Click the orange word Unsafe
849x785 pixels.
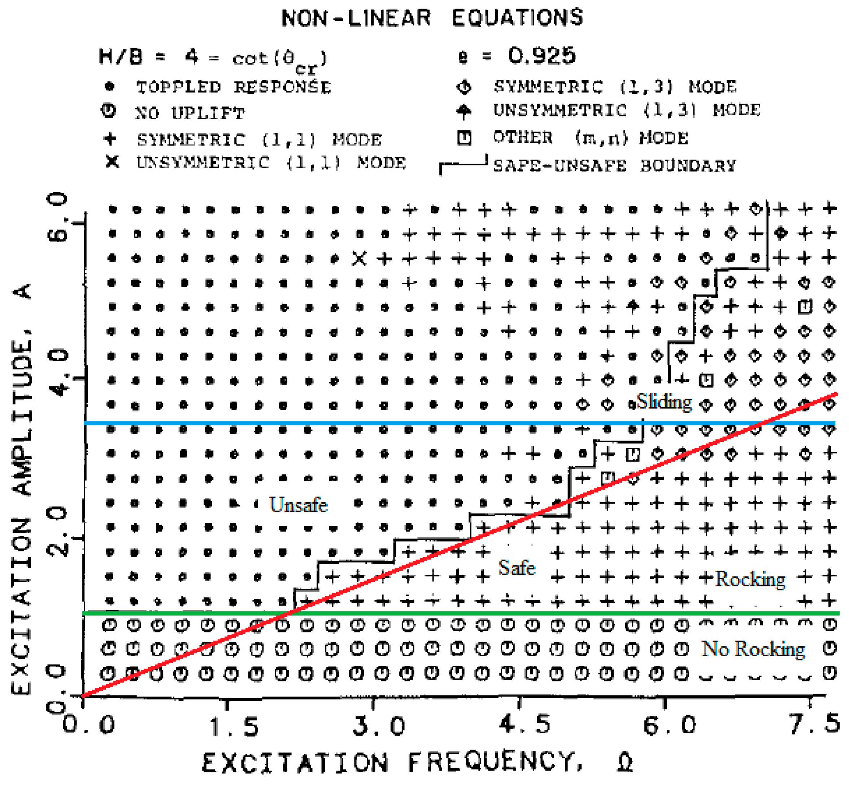pos(298,505)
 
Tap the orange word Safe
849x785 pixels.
pos(517,568)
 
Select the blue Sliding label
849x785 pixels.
pos(664,402)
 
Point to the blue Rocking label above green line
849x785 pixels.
pos(750,579)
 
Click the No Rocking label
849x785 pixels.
pos(753,649)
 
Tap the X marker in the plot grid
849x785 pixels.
pos(359,258)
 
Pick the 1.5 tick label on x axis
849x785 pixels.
pos(234,727)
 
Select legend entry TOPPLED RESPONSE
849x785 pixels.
pos(233,87)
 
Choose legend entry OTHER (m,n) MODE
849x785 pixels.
pos(590,138)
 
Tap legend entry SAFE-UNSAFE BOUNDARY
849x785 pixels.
pos(614,166)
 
